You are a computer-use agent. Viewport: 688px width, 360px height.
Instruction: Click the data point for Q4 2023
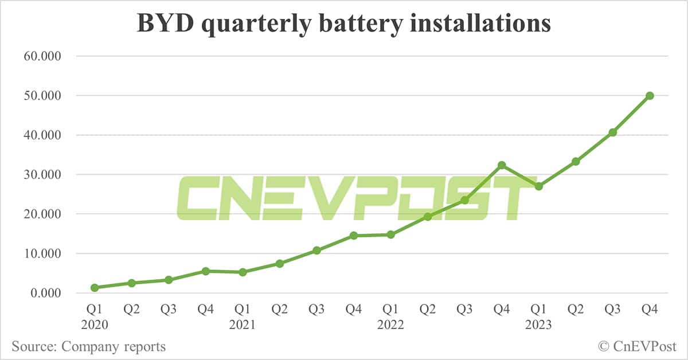click(x=650, y=96)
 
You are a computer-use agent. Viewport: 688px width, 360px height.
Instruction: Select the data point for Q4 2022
click(x=502, y=165)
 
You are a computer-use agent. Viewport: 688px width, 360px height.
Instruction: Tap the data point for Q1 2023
click(x=538, y=186)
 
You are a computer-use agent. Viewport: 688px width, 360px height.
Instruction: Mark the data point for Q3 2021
click(x=316, y=251)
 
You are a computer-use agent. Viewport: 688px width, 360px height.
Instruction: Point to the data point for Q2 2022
click(x=428, y=217)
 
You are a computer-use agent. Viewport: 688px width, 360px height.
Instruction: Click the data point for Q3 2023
click(x=612, y=132)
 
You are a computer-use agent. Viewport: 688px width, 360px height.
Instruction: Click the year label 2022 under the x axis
click(x=390, y=325)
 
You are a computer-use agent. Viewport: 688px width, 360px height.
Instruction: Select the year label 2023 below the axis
click(x=538, y=325)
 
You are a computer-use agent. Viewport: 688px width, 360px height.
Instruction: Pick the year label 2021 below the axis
click(x=242, y=325)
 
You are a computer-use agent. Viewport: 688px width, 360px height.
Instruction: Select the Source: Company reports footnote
click(x=88, y=346)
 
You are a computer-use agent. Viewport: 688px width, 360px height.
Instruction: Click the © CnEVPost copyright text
click(x=637, y=346)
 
